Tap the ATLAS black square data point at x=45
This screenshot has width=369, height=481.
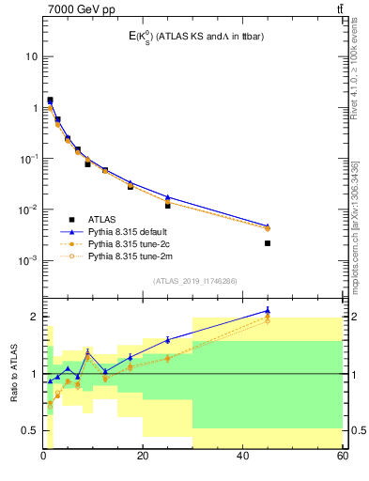coord(268,243)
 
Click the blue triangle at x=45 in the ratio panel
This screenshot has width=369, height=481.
coord(268,310)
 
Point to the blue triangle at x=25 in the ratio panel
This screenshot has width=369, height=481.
coord(168,339)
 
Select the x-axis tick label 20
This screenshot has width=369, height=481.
coord(143,457)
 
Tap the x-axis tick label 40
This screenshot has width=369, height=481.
coord(243,457)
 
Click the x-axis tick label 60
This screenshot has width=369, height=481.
coord(342,457)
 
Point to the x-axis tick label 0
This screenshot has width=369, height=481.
coord(43,457)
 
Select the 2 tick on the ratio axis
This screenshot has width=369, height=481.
coord(34,317)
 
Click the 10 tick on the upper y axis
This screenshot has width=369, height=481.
coord(31,56)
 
